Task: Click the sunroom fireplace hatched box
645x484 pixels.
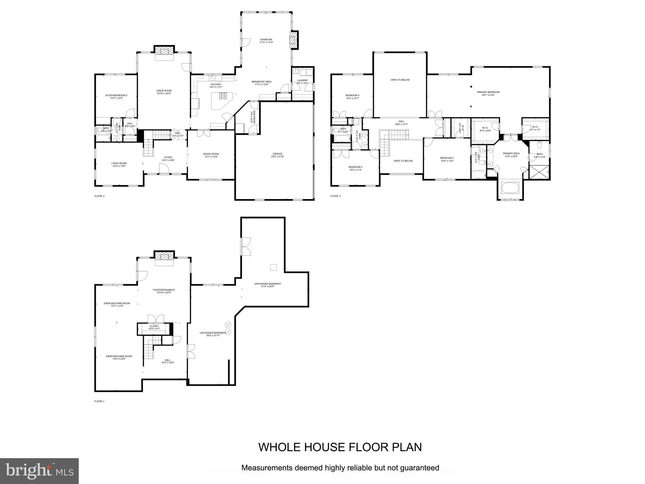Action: [x=294, y=40]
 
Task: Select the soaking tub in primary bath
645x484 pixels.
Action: [x=510, y=188]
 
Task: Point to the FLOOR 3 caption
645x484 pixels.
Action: [x=335, y=196]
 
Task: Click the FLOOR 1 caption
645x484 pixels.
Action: [x=99, y=401]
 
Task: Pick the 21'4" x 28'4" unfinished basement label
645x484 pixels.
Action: [x=267, y=285]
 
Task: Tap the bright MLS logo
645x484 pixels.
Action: [x=39, y=471]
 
